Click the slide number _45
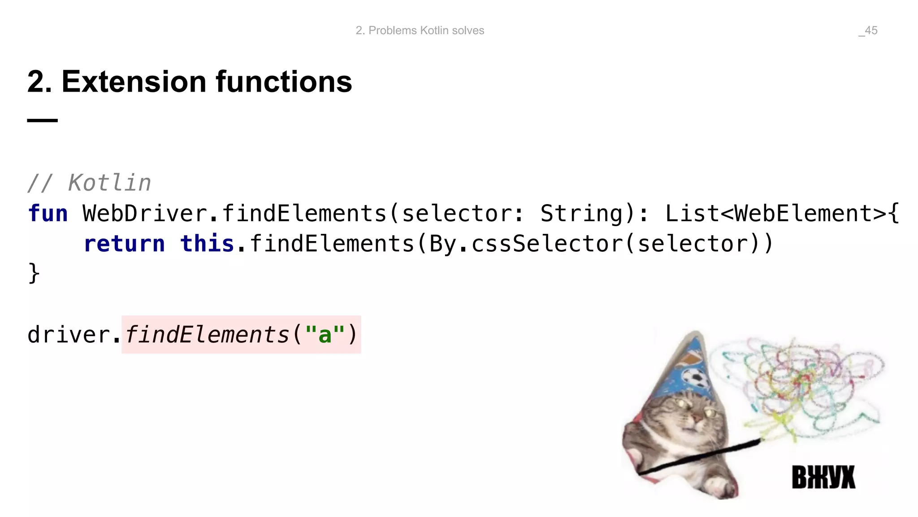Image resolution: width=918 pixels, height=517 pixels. pos(868,31)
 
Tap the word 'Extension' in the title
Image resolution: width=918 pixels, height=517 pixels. pos(134,82)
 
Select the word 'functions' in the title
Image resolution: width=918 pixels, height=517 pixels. pos(284,82)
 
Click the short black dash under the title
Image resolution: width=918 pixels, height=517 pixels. pos(42,120)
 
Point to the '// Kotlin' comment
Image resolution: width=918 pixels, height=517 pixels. pos(89,183)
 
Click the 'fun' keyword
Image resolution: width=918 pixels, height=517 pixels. pos(48,214)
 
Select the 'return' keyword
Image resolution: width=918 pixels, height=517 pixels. pos(124,244)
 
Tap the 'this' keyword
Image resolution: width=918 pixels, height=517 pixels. pos(207,244)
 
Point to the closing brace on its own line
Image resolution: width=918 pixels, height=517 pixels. pos(34,273)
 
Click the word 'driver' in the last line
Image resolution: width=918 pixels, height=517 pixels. pos(69,335)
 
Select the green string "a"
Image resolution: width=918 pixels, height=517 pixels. pos(325,335)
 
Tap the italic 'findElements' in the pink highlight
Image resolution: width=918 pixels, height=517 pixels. pos(207,335)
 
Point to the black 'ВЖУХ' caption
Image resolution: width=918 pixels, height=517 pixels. pos(823,477)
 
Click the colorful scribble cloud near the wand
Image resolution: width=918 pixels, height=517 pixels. pos(802,386)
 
